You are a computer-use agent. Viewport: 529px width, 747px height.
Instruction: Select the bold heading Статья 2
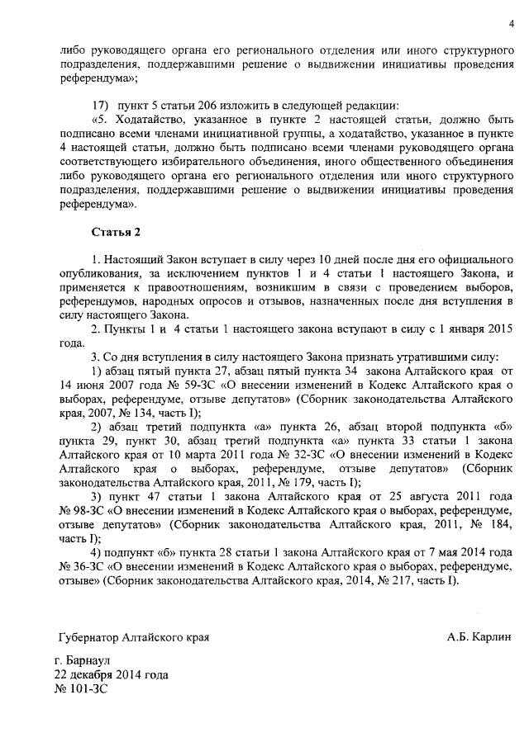tap(116, 232)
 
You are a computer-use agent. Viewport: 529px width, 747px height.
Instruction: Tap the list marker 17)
tap(100, 106)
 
